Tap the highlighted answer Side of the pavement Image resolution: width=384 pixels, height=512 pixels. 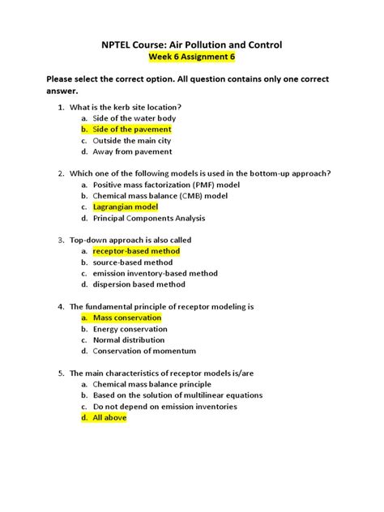[x=132, y=129]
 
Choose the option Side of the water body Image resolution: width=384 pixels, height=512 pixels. [x=134, y=118]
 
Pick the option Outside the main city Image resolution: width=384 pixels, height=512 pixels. [x=132, y=140]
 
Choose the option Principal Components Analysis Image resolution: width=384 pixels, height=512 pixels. [x=149, y=218]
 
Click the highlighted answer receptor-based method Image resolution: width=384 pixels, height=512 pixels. [x=136, y=251]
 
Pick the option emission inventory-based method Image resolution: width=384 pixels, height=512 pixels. [x=155, y=274]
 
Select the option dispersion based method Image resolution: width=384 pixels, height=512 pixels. [x=139, y=284]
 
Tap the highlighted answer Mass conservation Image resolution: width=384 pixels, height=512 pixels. [x=127, y=318]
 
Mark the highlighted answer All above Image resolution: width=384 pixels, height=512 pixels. [x=109, y=418]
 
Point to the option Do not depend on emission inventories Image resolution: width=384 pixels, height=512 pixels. [x=164, y=407]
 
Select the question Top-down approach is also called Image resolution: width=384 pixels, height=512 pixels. [x=134, y=241]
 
